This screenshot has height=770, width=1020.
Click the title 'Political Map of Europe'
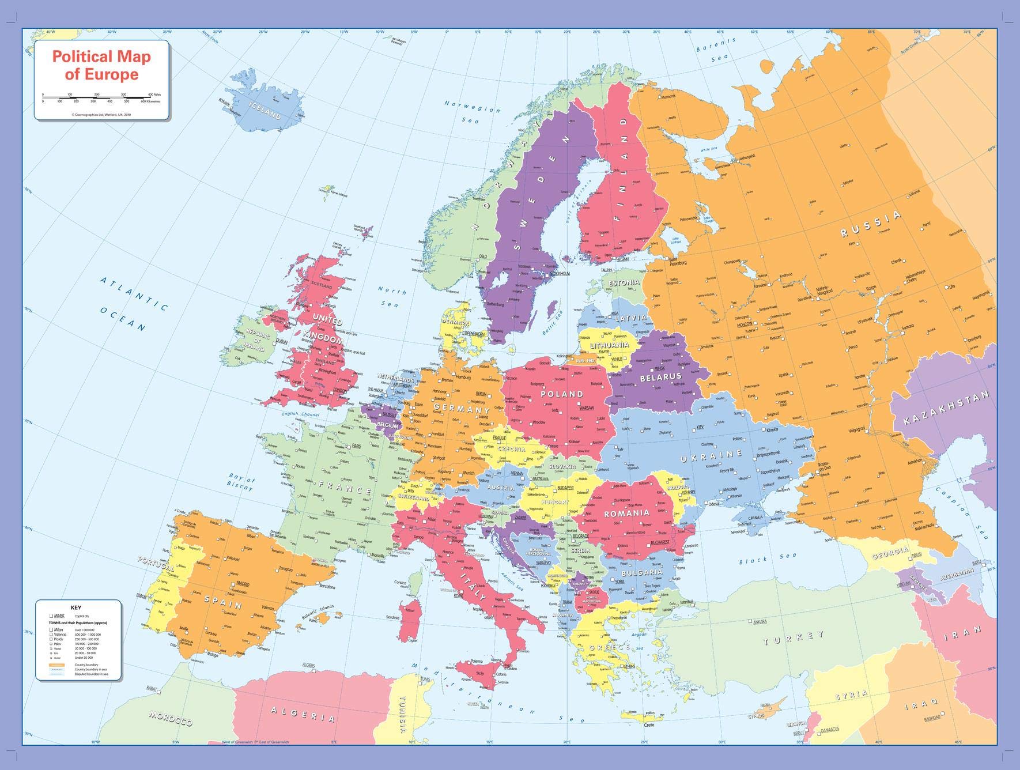101,65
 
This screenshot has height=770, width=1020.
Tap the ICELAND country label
265,110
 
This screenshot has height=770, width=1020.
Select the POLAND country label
561,394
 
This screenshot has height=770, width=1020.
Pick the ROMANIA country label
626,512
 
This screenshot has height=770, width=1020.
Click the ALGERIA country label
302,714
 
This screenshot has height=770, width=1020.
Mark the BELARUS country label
660,378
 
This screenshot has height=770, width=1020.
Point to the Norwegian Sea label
472,112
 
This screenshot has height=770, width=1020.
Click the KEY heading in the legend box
76,607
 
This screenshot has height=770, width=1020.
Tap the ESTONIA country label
625,283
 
